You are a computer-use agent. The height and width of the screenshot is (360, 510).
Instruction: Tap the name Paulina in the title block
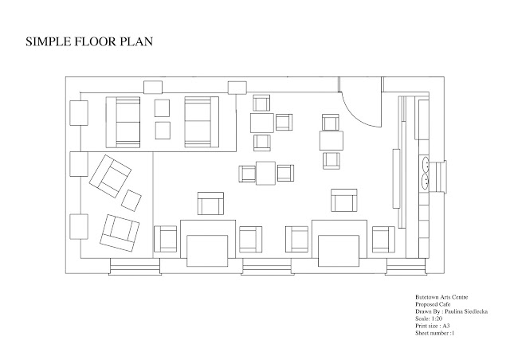click(x=454, y=311)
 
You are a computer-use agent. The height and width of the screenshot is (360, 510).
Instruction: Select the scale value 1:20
click(x=437, y=319)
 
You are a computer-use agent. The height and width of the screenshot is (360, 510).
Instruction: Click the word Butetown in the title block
click(x=426, y=297)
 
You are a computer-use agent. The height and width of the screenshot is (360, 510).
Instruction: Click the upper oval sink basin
click(x=425, y=164)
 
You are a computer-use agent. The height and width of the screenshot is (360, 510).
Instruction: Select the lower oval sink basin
click(x=425, y=182)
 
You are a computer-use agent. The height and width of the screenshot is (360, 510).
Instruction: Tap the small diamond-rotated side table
click(x=131, y=201)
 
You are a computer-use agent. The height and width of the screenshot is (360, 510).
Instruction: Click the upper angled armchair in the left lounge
click(x=110, y=176)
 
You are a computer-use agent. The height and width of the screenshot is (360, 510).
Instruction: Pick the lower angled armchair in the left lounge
click(x=120, y=233)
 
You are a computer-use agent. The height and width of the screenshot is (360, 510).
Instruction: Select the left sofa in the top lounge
click(x=123, y=122)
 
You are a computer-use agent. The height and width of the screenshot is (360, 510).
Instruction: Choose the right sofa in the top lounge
click(x=202, y=122)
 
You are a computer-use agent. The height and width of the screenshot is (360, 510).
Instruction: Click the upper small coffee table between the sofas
click(x=162, y=108)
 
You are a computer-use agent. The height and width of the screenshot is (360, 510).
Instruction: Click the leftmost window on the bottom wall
click(x=135, y=267)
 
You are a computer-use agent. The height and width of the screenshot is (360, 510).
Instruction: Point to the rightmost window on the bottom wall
click(x=406, y=267)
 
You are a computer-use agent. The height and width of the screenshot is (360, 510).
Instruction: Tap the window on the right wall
click(x=438, y=176)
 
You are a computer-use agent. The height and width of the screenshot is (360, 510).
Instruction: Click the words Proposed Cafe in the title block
click(x=433, y=304)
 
